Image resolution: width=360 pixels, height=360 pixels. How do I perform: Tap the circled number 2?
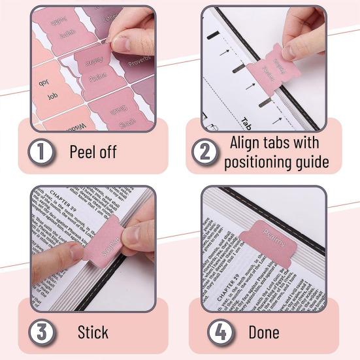tap(205, 152)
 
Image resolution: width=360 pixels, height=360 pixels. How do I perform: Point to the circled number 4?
tap(221, 331)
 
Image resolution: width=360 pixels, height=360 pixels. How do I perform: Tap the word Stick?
tap(93, 331)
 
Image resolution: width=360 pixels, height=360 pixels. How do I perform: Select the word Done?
tap(265, 331)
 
